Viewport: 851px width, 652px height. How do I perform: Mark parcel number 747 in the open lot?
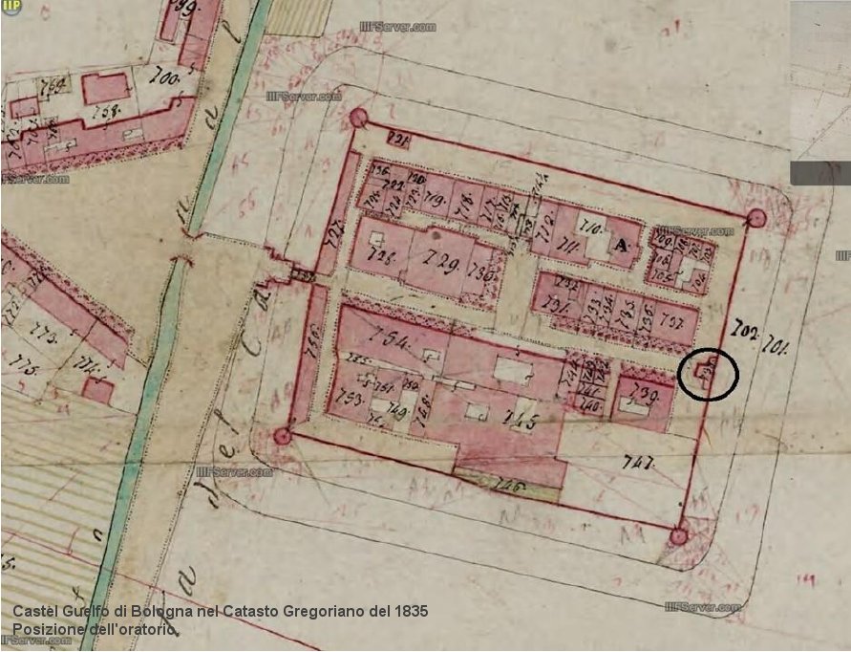(636, 464)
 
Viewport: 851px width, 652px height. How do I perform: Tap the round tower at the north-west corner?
(358, 119)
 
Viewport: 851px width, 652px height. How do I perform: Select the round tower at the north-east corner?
(756, 219)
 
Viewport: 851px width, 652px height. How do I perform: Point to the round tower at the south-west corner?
(282, 437)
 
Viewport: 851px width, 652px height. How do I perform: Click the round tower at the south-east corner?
(678, 536)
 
